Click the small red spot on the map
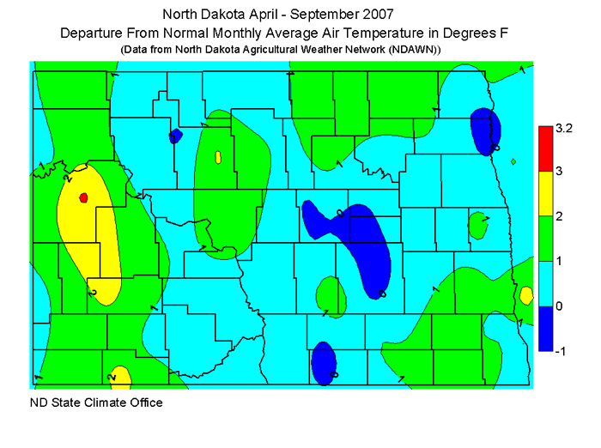click(x=83, y=197)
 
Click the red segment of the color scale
click(x=545, y=148)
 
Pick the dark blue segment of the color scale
click(x=545, y=328)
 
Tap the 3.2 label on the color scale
click(x=563, y=129)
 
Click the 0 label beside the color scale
click(x=559, y=306)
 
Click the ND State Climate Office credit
click(x=96, y=402)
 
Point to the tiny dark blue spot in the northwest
click(x=176, y=135)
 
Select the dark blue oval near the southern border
click(x=323, y=361)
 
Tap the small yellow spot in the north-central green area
click(x=218, y=157)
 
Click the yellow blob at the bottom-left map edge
click(x=120, y=377)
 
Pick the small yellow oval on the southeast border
click(x=525, y=295)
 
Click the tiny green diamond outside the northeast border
click(x=513, y=161)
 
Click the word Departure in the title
click(x=90, y=33)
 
